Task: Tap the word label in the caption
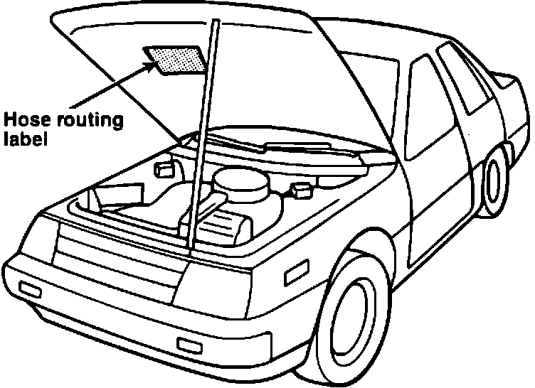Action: point(23,139)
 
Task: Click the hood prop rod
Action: point(203,142)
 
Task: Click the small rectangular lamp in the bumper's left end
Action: point(31,289)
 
